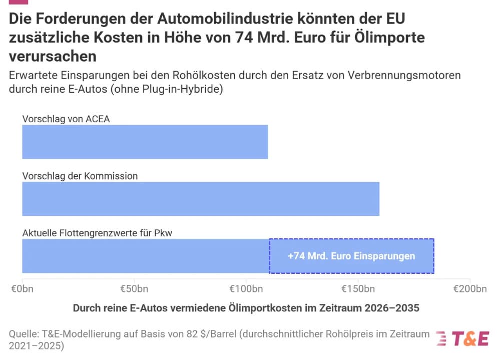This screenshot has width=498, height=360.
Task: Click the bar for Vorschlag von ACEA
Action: (x=145, y=142)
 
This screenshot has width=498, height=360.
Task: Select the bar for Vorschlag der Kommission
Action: (x=200, y=199)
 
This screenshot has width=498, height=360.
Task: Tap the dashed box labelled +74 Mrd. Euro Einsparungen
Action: (x=351, y=256)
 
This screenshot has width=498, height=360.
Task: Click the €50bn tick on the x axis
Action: (x=134, y=289)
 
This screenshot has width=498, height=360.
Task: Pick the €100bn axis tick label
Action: (x=246, y=289)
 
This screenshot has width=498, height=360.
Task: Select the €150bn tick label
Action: (x=358, y=289)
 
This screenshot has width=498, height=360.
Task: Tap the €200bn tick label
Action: (x=469, y=289)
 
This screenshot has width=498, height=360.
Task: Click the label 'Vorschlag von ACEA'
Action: (x=66, y=119)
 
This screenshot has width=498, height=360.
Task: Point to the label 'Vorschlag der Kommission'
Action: (x=80, y=176)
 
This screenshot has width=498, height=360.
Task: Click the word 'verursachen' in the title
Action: (x=53, y=56)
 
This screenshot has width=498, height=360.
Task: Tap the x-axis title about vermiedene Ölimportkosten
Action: (x=246, y=308)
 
